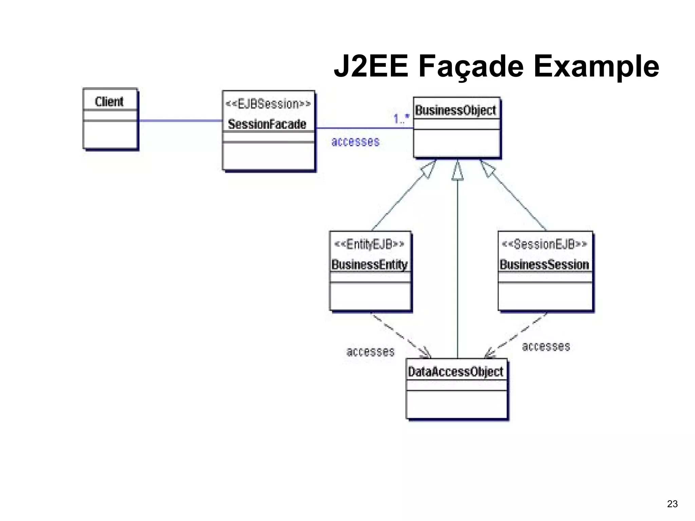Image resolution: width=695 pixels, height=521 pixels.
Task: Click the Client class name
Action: (x=109, y=101)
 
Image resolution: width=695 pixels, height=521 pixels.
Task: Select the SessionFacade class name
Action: (x=267, y=124)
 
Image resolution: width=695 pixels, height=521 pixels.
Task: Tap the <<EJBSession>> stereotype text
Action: (x=268, y=104)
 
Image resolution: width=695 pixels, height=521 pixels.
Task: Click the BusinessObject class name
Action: (x=455, y=110)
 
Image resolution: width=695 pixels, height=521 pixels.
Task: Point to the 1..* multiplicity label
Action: (x=401, y=119)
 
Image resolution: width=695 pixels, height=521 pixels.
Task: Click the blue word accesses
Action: (x=355, y=141)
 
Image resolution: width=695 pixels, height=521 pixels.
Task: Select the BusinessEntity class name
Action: (x=370, y=265)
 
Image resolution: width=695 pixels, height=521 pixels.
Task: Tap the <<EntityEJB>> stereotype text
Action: (x=369, y=244)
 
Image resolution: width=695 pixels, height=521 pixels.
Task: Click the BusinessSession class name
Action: (x=544, y=265)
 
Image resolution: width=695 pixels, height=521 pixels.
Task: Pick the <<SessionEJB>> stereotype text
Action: (x=544, y=244)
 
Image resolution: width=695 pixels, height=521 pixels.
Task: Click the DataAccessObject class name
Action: (x=455, y=372)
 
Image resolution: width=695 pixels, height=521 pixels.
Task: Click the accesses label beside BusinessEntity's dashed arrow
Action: (x=370, y=352)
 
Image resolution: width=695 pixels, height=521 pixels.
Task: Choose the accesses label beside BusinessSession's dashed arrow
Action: (x=546, y=346)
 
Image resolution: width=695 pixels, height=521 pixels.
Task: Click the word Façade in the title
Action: (x=471, y=66)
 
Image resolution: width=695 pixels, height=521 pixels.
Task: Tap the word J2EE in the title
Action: (x=371, y=66)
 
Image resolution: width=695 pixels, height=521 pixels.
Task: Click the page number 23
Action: (x=672, y=504)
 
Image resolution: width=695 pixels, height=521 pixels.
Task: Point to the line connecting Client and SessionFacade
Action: (x=180, y=120)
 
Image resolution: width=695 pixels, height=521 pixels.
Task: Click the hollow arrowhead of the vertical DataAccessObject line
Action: (x=457, y=172)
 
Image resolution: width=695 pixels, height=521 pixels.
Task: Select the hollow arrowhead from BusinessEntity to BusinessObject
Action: (x=428, y=169)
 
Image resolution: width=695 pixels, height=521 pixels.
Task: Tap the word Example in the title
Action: (x=596, y=66)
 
